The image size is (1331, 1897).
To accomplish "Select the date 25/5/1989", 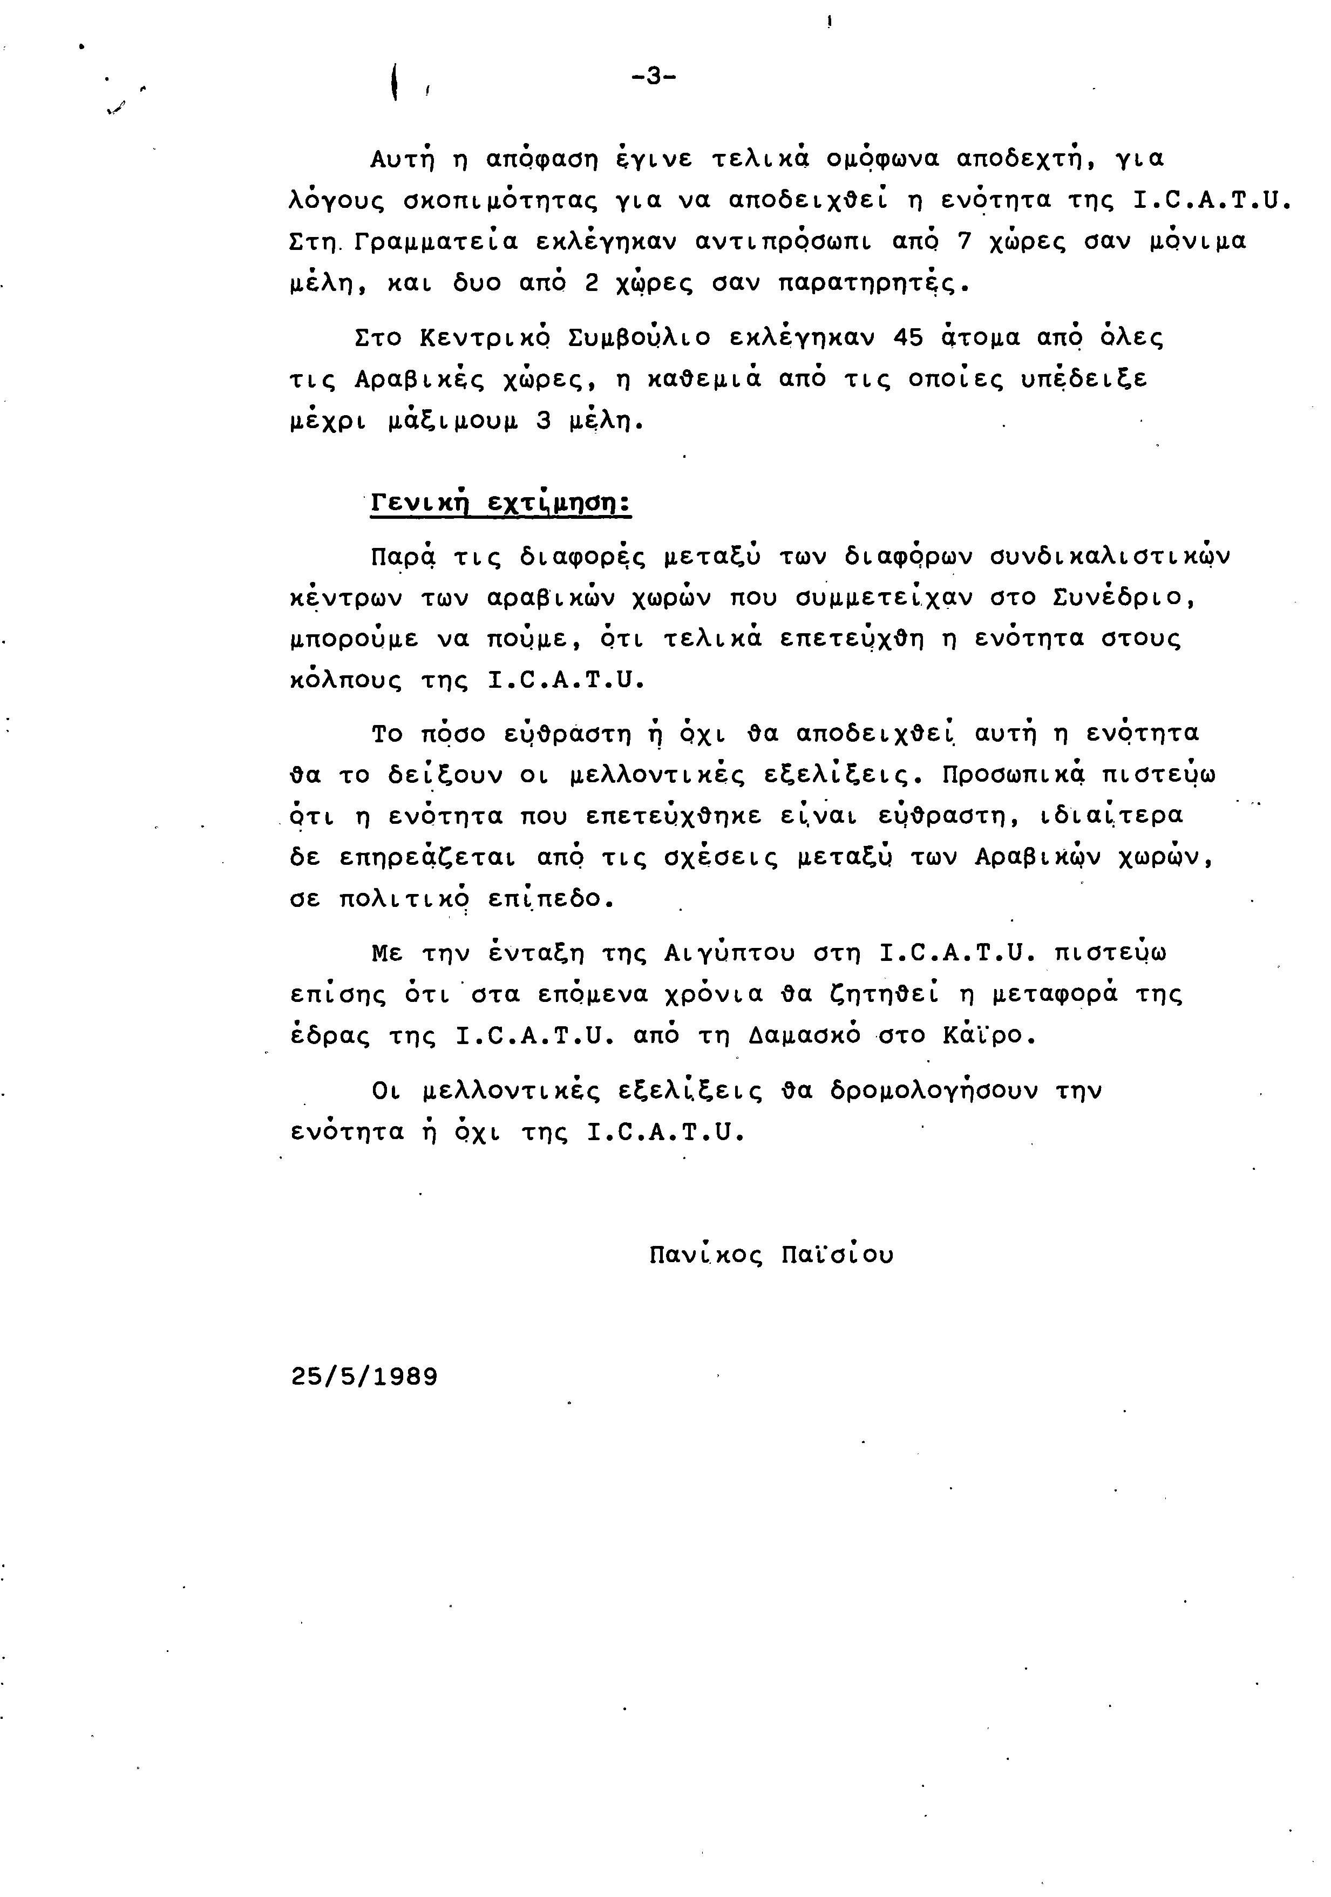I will (364, 1377).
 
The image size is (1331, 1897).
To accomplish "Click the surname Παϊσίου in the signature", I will (837, 1255).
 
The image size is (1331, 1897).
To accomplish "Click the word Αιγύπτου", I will (729, 953).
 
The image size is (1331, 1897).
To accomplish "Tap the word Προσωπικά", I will (1012, 775).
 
